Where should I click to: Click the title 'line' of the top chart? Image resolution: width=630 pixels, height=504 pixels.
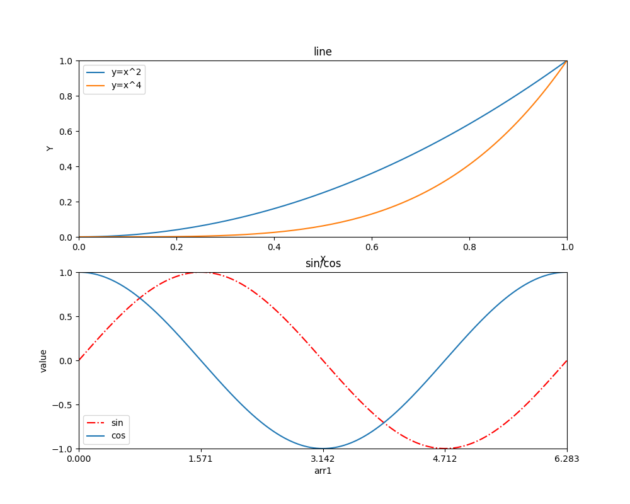[x=323, y=52]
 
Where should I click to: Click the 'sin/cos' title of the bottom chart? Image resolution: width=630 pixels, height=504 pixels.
[x=323, y=264]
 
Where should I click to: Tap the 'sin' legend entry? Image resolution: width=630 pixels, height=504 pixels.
[x=117, y=423]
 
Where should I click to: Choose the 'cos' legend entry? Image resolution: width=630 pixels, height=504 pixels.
[x=118, y=435]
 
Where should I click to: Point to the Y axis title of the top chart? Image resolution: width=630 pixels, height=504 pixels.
[x=50, y=149]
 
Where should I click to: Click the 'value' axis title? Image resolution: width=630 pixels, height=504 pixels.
[x=43, y=360]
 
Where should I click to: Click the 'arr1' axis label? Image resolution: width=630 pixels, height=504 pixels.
[x=323, y=471]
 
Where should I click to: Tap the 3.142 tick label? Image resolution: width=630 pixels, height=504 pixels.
[x=323, y=459]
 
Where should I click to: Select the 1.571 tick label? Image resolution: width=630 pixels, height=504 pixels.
[x=200, y=459]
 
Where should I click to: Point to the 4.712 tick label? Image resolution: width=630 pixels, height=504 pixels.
[x=445, y=459]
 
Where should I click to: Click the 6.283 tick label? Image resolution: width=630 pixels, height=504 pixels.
[x=566, y=459]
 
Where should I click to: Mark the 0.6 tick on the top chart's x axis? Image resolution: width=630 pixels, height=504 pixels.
[x=372, y=247]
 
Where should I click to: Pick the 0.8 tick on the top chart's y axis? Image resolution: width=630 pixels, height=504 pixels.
[x=66, y=96]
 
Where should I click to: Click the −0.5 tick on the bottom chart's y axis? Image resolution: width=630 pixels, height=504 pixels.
[x=62, y=404]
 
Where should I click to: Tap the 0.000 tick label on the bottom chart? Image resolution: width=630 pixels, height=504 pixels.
[x=79, y=459]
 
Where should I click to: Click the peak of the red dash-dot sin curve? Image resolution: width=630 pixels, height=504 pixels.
[x=201, y=273]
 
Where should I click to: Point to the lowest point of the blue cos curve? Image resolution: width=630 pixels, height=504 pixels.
[x=323, y=449]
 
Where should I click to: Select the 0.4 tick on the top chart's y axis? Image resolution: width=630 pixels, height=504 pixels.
[x=66, y=166]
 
